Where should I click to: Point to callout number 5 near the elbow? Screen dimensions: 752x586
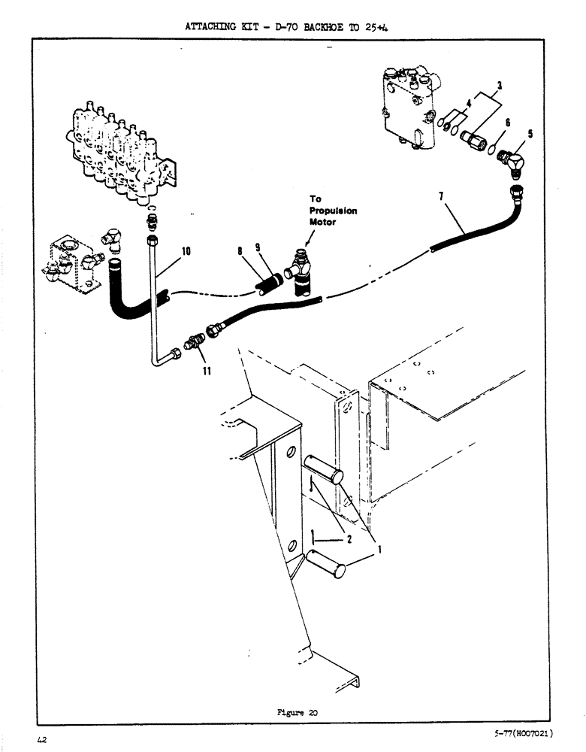pos(532,134)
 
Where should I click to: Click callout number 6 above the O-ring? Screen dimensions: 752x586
pos(508,122)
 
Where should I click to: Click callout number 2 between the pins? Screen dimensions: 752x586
pos(349,538)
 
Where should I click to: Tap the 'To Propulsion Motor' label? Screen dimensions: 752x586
pos(333,211)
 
